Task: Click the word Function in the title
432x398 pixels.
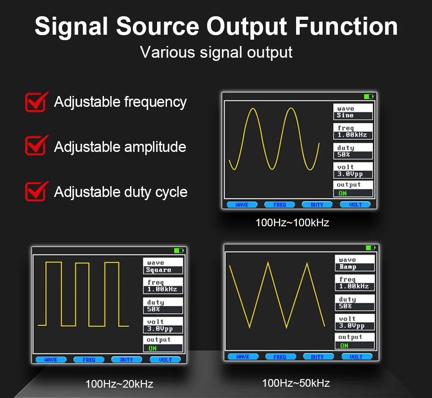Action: (346, 26)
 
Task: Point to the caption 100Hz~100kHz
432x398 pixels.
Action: (292, 223)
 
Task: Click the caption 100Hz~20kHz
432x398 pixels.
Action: (119, 384)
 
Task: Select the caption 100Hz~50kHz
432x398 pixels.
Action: (296, 383)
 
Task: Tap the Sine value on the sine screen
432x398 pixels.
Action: (345, 115)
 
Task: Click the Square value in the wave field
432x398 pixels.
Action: (159, 270)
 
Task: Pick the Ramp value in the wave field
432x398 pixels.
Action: (348, 267)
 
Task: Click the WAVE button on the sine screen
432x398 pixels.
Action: (242, 205)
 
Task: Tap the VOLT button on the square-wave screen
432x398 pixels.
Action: (165, 360)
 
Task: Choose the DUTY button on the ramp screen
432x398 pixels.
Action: (317, 357)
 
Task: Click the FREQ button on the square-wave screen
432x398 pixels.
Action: (89, 360)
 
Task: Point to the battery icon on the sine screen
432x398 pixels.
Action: (369, 96)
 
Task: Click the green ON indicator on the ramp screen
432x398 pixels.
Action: (344, 346)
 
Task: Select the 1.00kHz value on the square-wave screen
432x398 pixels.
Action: (162, 289)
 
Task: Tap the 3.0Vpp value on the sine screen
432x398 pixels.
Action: (350, 174)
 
